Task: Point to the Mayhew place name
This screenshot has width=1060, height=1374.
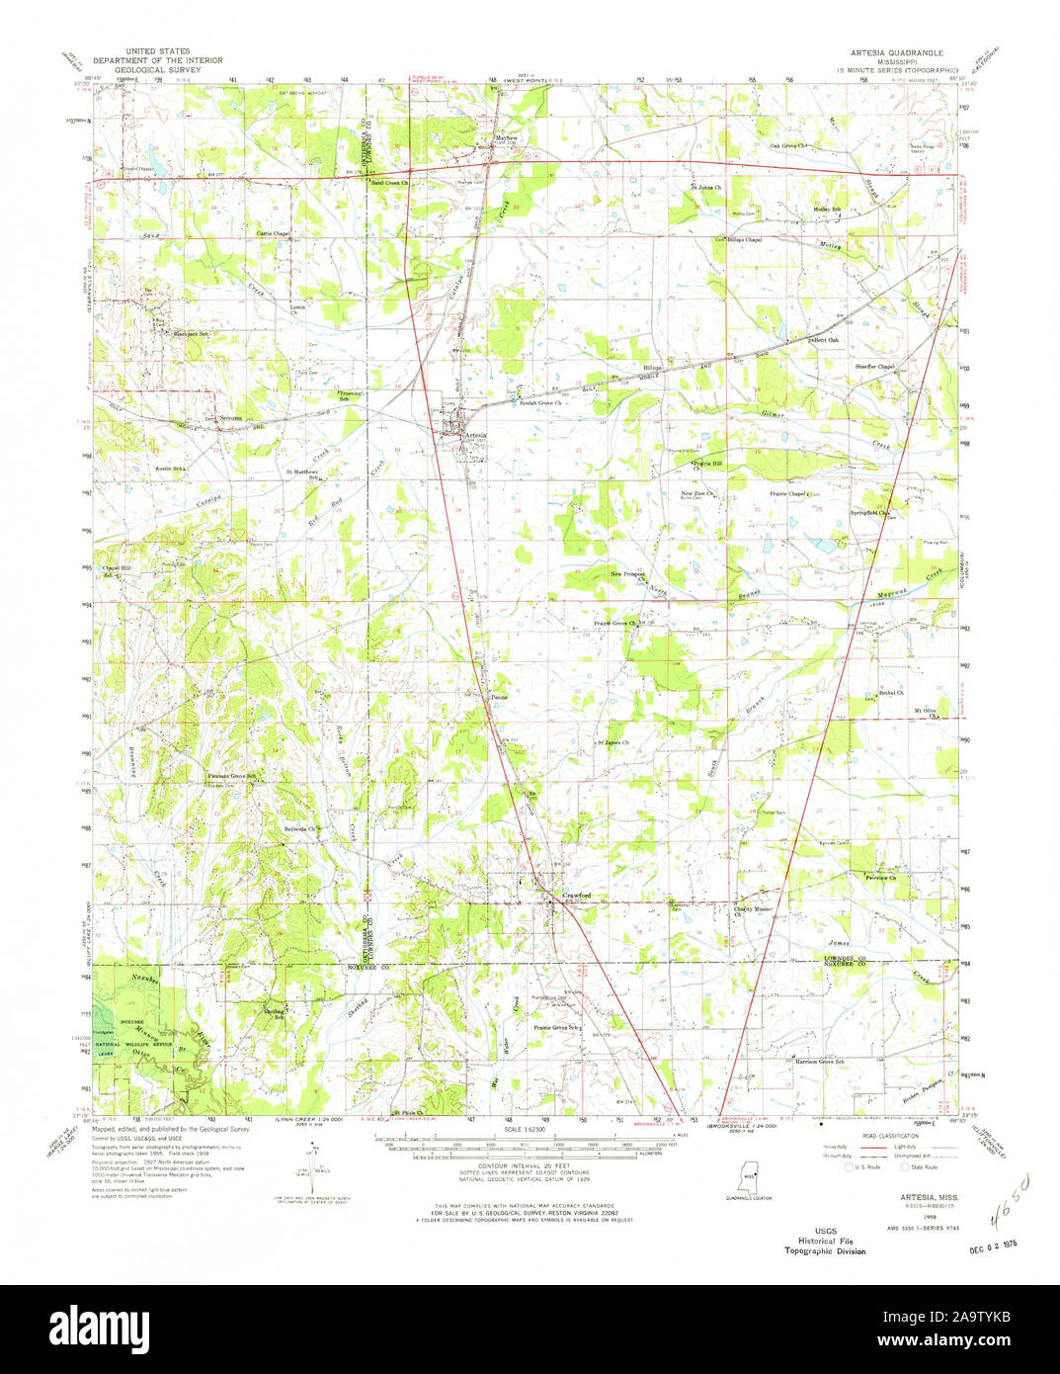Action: (x=506, y=138)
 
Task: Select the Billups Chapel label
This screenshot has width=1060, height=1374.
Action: (x=746, y=239)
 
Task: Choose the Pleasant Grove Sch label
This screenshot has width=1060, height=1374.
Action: (x=231, y=776)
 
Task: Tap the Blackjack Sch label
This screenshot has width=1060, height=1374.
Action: (x=192, y=334)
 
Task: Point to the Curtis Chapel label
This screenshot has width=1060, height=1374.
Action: (x=273, y=233)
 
